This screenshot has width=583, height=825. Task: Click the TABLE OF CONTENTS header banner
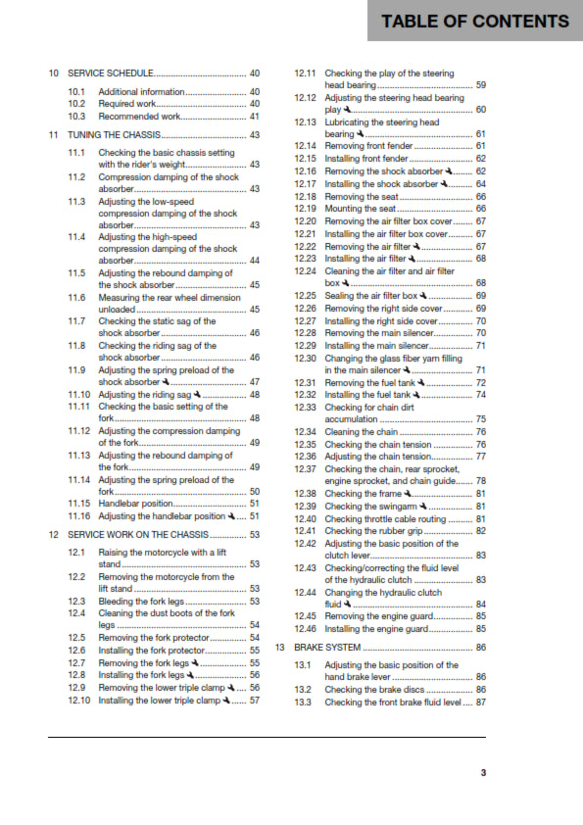(x=474, y=21)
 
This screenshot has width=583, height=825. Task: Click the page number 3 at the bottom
(x=482, y=773)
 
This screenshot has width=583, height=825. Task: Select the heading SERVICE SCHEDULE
(x=111, y=73)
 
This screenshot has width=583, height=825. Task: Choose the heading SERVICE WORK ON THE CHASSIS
(x=136, y=535)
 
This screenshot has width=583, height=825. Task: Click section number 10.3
(x=77, y=116)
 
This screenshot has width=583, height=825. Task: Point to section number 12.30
(x=307, y=358)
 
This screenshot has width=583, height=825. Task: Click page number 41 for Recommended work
(x=254, y=116)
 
